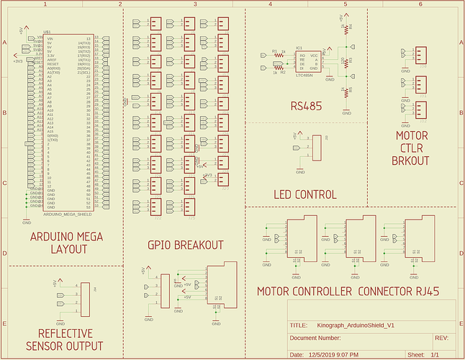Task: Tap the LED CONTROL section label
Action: [x=305, y=194]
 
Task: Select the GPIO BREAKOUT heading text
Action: [x=185, y=245]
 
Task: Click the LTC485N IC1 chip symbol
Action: [x=309, y=60]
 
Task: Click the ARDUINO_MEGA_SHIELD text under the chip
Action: [x=68, y=214]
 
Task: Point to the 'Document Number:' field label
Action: [x=315, y=338]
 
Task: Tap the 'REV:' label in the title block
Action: [x=443, y=338]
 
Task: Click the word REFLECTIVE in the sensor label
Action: [x=65, y=333]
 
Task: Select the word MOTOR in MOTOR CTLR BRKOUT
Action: [x=412, y=135]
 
